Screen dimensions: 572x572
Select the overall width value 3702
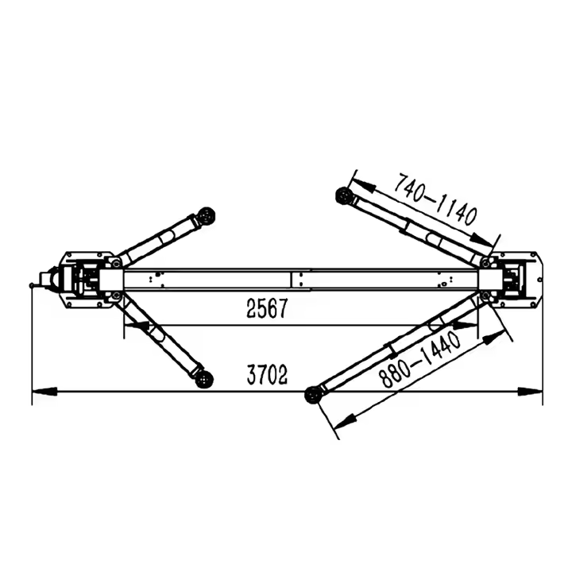pyautogui.click(x=266, y=375)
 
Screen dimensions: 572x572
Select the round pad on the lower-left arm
pyautogui.click(x=205, y=379)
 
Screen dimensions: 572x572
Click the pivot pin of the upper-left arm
pyautogui.click(x=117, y=261)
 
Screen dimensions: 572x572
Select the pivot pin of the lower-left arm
pyautogui.click(x=117, y=296)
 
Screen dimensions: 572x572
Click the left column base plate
pyautogui.click(x=79, y=279)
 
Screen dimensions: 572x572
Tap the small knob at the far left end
pyautogui.click(x=33, y=284)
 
